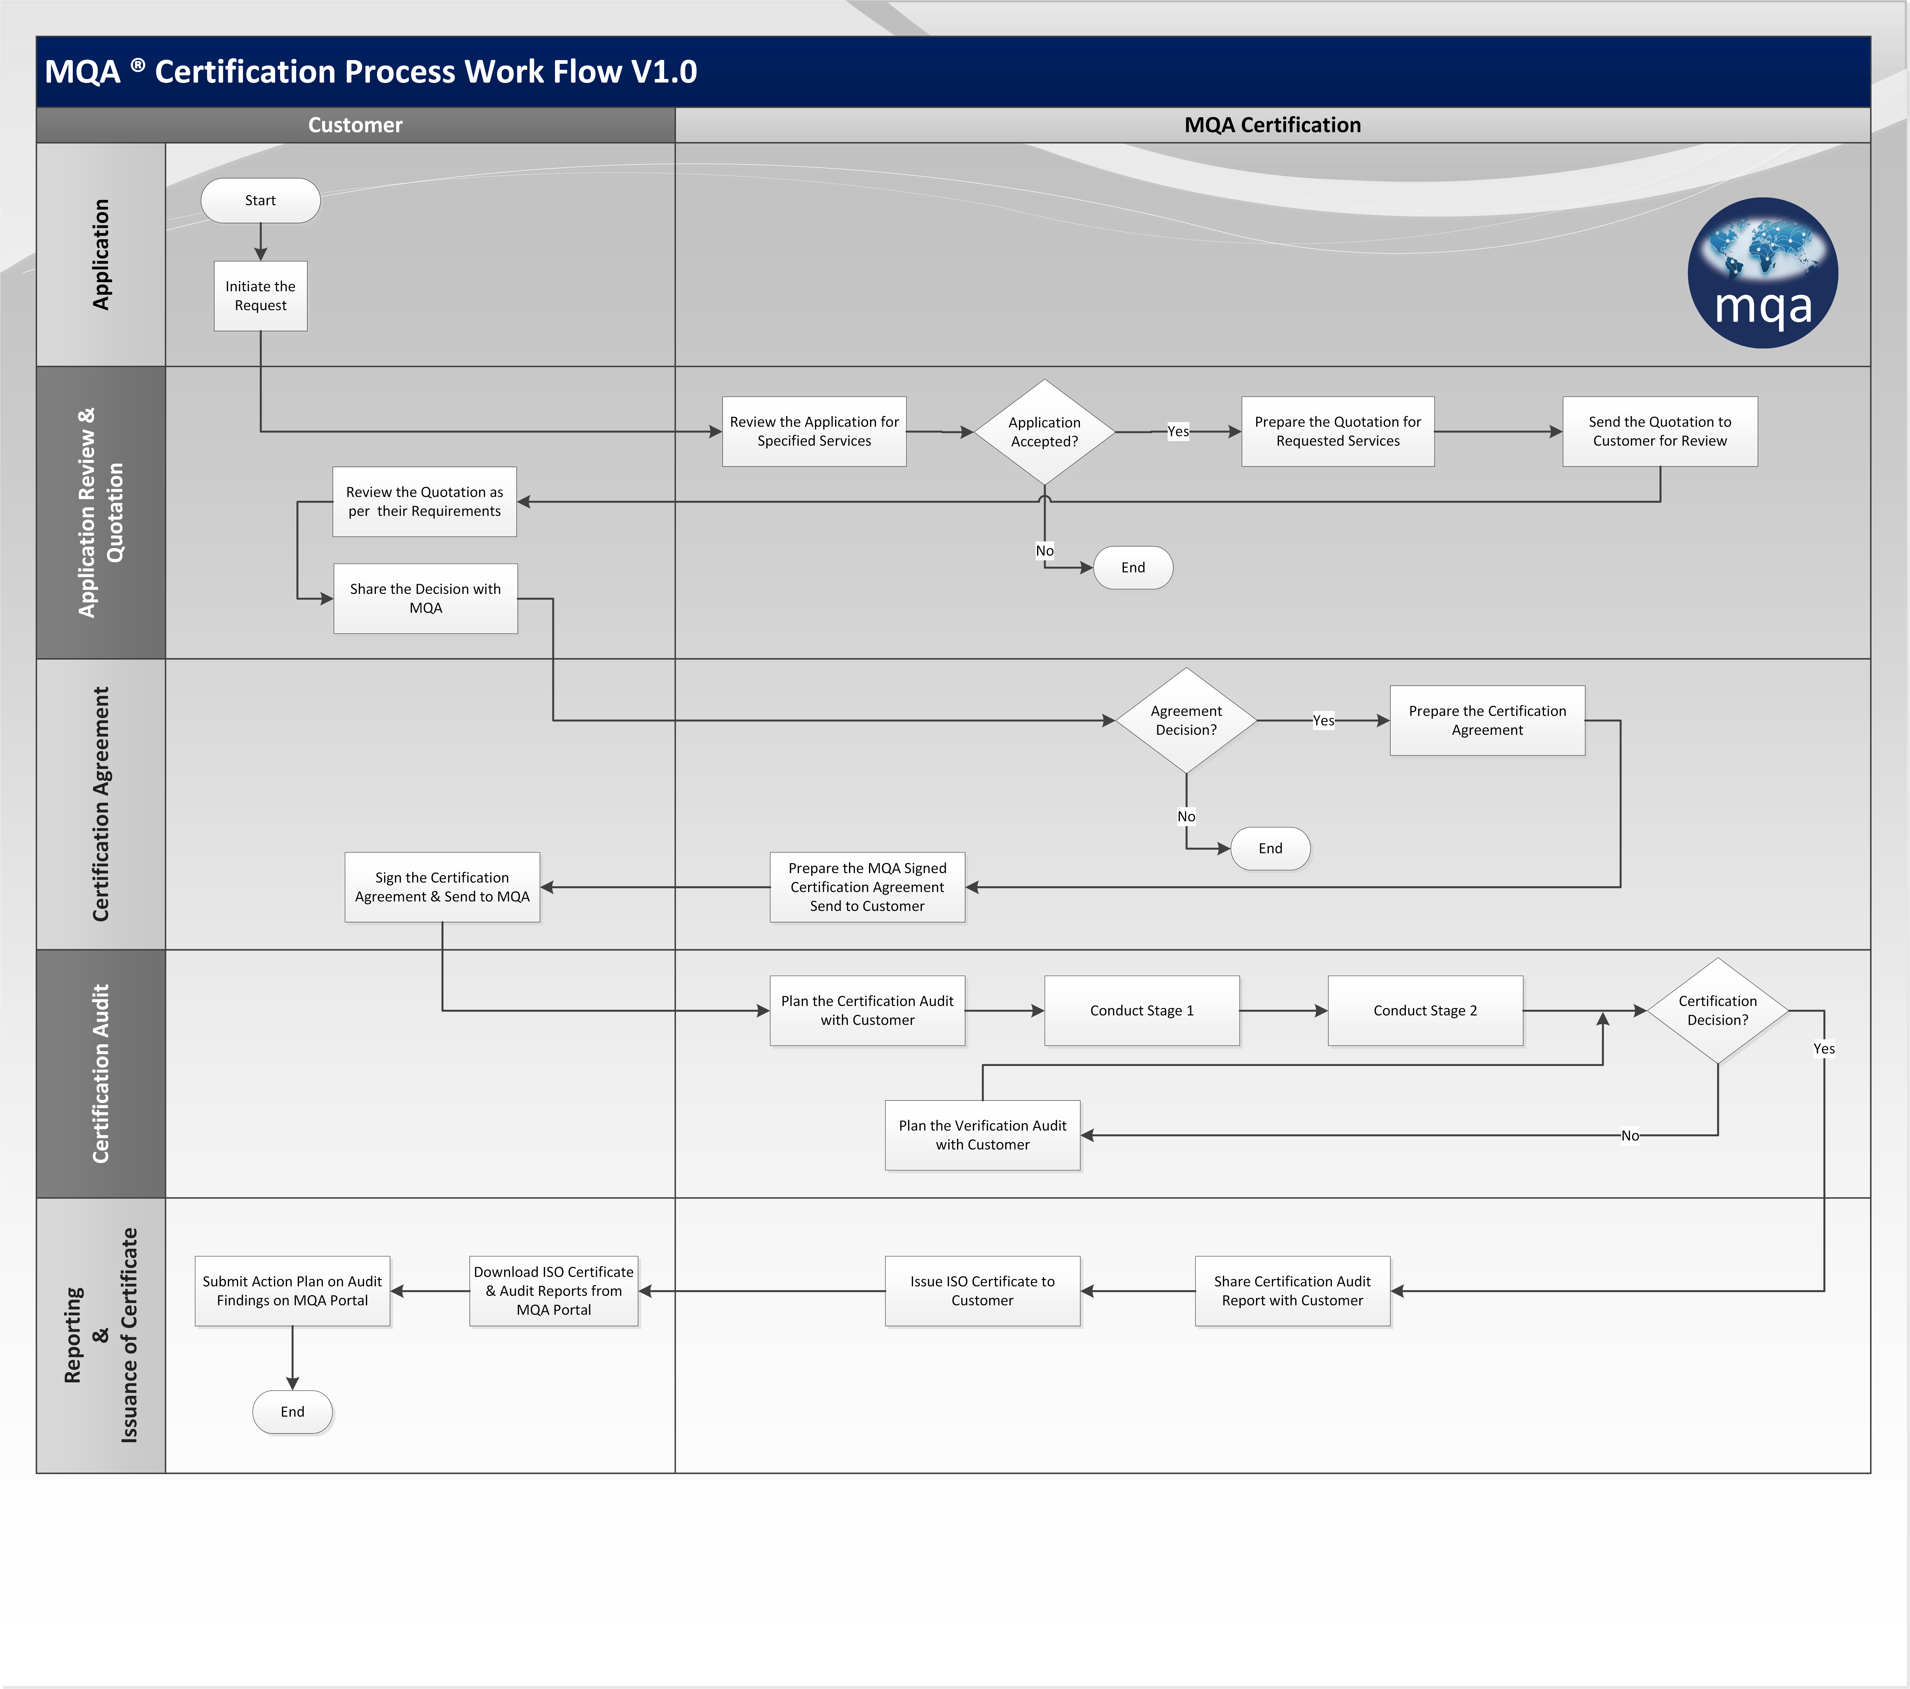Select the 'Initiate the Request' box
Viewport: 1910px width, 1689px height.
(261, 295)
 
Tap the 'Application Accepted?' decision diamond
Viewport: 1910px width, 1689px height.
(1045, 432)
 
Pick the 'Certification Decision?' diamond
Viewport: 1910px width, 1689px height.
(1718, 1010)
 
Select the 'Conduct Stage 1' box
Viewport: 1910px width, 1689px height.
(1142, 1010)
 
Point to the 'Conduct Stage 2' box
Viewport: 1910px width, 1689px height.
(1425, 1010)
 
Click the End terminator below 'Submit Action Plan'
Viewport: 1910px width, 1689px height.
(292, 1411)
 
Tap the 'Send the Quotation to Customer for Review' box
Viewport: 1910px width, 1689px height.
(1659, 432)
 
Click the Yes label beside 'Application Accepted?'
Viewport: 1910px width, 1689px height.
(1178, 432)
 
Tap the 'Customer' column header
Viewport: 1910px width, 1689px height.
(355, 125)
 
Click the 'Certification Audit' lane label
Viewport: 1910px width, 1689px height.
(101, 1074)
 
